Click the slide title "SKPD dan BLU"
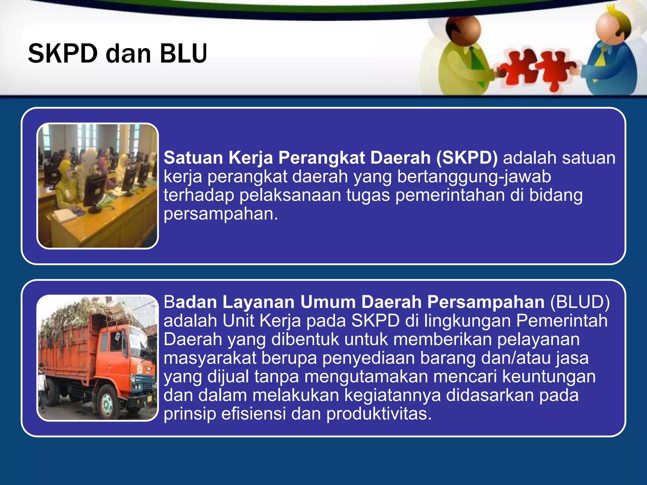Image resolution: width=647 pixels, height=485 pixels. [x=117, y=53]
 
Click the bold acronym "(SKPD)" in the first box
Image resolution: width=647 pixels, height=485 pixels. [x=467, y=158]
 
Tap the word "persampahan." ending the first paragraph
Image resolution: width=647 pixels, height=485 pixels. [x=221, y=214]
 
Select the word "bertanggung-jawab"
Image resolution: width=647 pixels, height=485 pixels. [x=474, y=177]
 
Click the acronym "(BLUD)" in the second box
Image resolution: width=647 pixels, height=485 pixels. [x=580, y=302]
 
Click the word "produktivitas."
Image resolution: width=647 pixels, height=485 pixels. [x=379, y=414]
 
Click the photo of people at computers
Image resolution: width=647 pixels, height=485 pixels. [x=98, y=186]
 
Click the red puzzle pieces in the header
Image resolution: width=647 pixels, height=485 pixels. [x=537, y=68]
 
